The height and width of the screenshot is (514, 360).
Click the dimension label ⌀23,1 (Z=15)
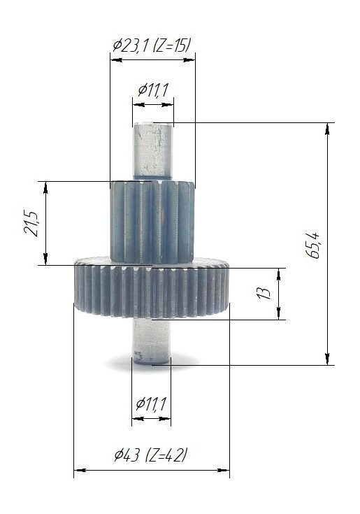coord(151,45)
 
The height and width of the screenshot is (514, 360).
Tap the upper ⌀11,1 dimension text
coord(153,90)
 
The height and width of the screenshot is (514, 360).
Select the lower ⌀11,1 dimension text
coord(151,404)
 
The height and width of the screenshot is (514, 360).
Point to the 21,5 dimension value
coord(31,224)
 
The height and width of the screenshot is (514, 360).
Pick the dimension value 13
coord(264,292)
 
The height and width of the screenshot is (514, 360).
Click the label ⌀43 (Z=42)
coord(151,455)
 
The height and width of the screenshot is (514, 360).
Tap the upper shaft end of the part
coord(153,150)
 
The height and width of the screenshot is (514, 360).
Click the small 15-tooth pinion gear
coord(152,222)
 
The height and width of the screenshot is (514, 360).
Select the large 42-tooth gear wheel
coord(151,287)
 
